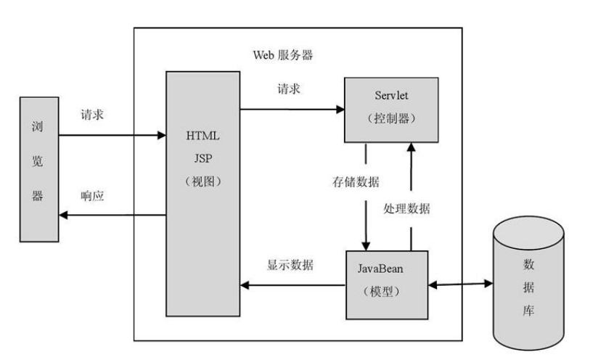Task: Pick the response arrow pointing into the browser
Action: click(112, 214)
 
